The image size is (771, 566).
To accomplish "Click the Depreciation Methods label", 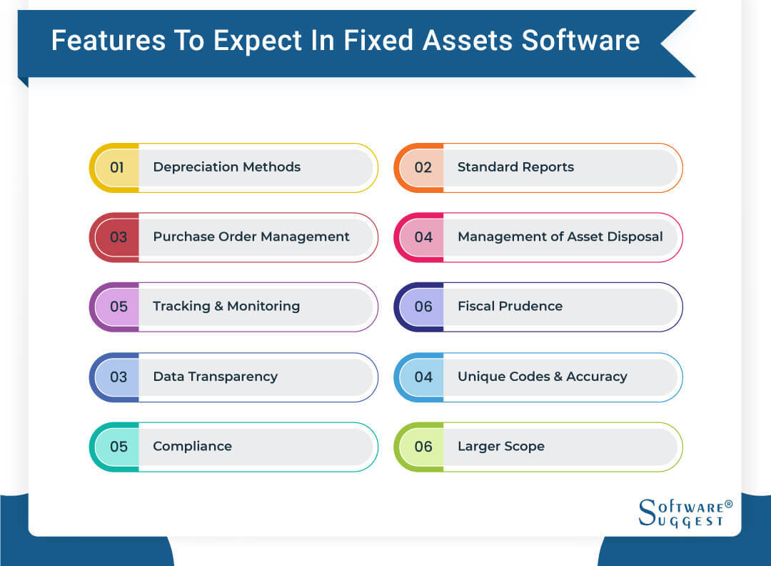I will tap(226, 167).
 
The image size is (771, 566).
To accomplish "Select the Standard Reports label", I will tap(515, 167).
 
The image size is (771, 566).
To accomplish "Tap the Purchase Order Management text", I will tap(251, 237).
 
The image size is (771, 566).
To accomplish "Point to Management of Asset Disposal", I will tap(560, 237).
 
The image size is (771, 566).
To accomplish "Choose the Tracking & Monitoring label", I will tap(226, 306).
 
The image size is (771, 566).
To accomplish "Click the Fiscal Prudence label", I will tap(510, 306).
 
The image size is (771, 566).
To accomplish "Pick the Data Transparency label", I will tap(215, 377).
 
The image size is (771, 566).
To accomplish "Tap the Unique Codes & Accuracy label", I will tap(542, 377).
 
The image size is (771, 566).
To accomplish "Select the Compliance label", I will tap(192, 446).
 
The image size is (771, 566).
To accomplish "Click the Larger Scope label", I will tap(500, 446).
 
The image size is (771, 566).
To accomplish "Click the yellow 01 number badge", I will tap(117, 167).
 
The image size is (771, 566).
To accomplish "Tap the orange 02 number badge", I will tap(423, 167).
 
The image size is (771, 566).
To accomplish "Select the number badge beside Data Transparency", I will tap(118, 377).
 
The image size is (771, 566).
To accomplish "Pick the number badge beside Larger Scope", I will tap(423, 446).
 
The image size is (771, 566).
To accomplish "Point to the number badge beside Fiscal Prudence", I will tap(423, 306).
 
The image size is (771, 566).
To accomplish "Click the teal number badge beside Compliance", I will tap(118, 446).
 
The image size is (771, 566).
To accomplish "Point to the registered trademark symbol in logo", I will tap(728, 505).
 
